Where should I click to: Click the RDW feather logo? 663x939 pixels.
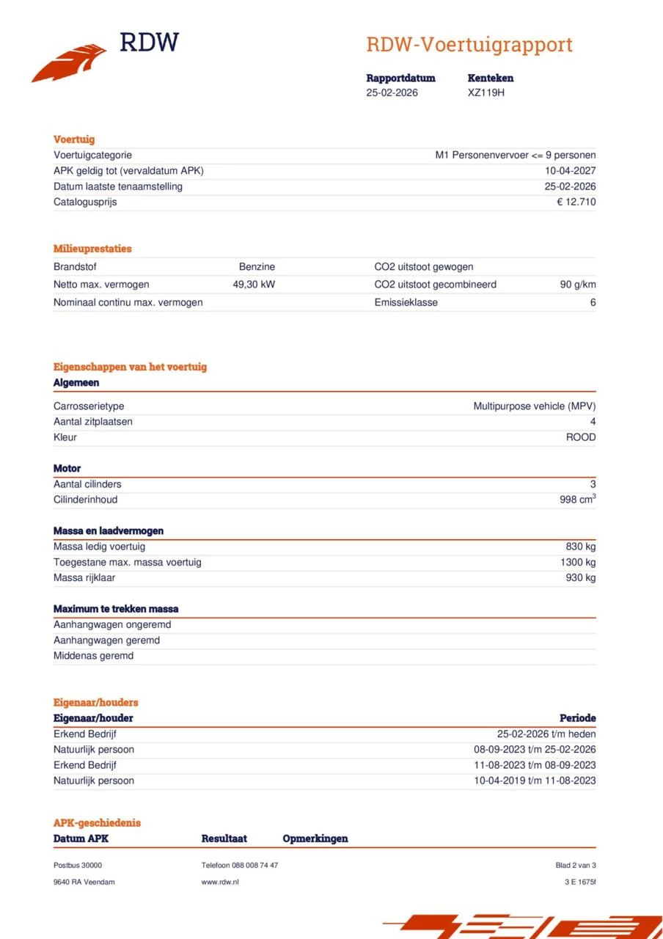tap(70, 62)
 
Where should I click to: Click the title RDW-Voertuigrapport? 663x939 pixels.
tap(469, 45)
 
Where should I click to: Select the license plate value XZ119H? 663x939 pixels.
tap(486, 92)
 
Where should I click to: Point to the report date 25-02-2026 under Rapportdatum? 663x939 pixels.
tap(392, 92)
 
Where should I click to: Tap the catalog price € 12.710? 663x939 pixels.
tap(576, 202)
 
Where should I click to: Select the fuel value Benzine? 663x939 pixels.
tap(257, 267)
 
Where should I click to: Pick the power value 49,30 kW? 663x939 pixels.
tap(254, 285)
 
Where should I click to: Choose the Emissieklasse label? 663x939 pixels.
tap(406, 302)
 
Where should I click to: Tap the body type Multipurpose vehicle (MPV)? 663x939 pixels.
tap(534, 406)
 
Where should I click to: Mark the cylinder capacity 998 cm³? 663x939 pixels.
tap(577, 500)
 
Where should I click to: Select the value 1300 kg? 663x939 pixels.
tap(577, 562)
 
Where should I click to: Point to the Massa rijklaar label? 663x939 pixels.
tap(84, 578)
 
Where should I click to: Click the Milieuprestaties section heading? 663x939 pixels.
tap(92, 249)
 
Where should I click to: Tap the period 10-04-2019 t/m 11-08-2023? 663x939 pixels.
tap(535, 781)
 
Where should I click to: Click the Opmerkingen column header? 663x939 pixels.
tap(315, 838)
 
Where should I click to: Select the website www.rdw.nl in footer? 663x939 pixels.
tap(220, 882)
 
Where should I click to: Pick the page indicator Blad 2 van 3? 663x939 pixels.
tap(575, 865)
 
